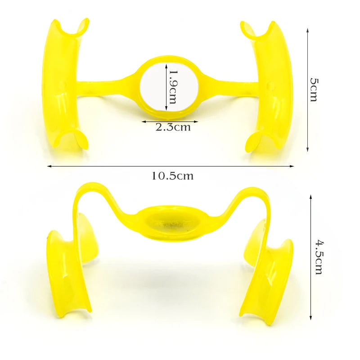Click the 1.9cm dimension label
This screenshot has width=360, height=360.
[172, 86]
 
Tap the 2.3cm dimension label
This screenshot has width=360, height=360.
[173, 127]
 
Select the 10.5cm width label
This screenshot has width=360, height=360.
[172, 176]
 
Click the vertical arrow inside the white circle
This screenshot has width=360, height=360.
[166, 87]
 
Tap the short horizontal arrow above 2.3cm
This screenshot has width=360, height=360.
[170, 121]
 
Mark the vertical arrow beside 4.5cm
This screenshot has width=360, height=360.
[311, 257]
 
